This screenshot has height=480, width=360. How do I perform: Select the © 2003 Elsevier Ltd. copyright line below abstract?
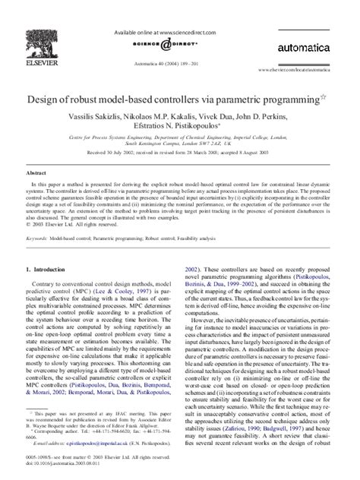[x=69, y=224]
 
